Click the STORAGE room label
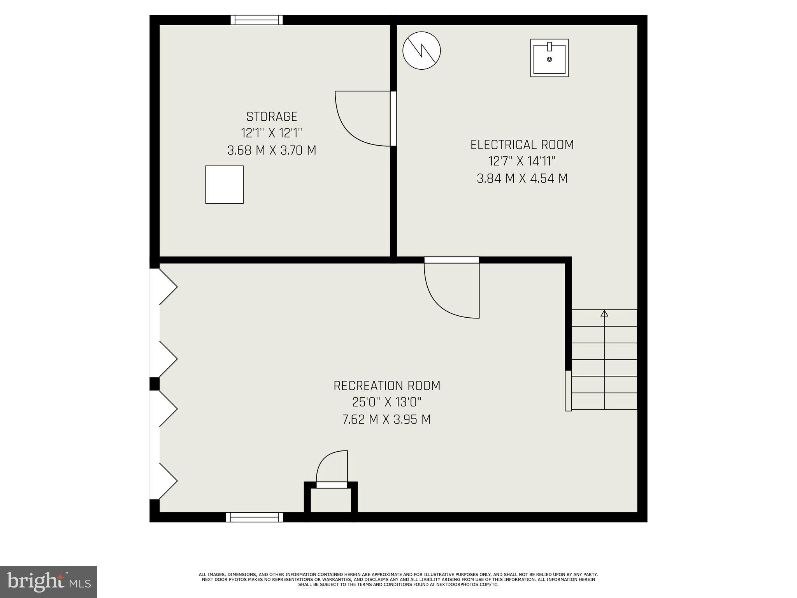[x=272, y=116]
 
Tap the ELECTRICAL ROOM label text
[x=522, y=145]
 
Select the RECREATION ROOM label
[x=387, y=386]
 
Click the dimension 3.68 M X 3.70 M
[x=272, y=150]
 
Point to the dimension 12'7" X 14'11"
[x=522, y=161]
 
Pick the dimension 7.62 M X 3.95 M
[x=387, y=420]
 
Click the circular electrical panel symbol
[x=421, y=51]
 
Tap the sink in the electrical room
[x=549, y=58]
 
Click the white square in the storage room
[x=225, y=185]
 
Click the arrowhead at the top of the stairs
[x=604, y=313]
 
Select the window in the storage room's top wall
[x=256, y=20]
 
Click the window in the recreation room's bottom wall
[x=255, y=517]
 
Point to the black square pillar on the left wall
[x=154, y=384]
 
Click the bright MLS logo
[x=48, y=582]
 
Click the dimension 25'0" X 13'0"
[x=387, y=403]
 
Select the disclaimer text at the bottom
[x=398, y=579]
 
